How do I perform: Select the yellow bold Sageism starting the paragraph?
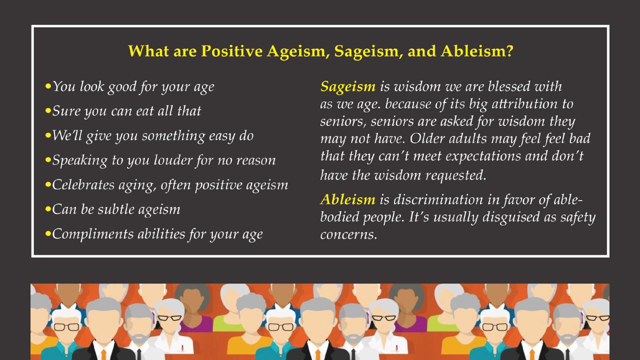347,86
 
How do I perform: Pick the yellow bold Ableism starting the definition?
347,199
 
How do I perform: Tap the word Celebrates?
86,184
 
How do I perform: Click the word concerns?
348,234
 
